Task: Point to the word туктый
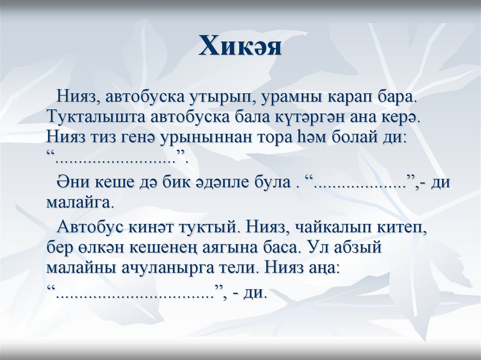click(x=207, y=228)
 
